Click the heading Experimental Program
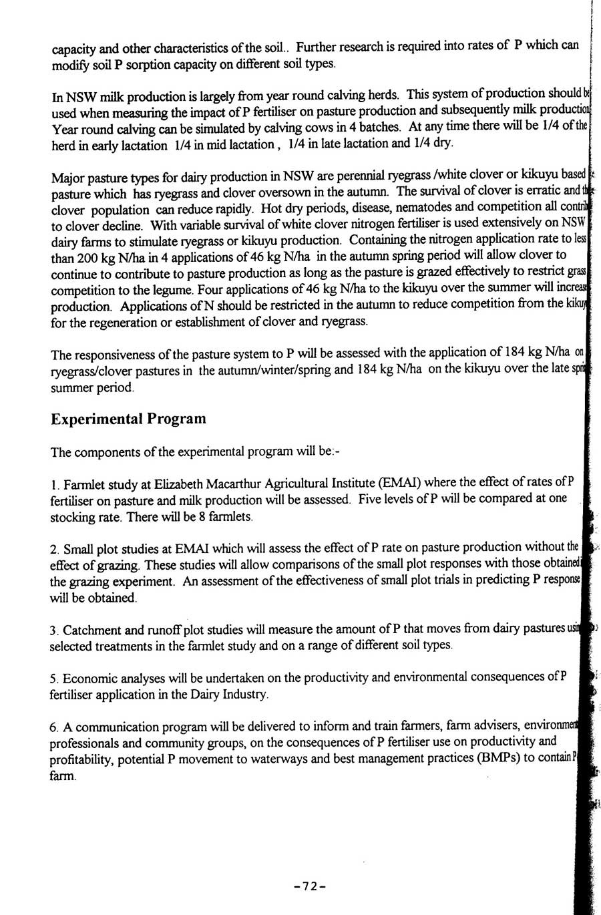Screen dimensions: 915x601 (x=128, y=419)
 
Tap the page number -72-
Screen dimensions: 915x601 (x=309, y=886)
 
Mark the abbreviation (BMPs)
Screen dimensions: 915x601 (x=491, y=758)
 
